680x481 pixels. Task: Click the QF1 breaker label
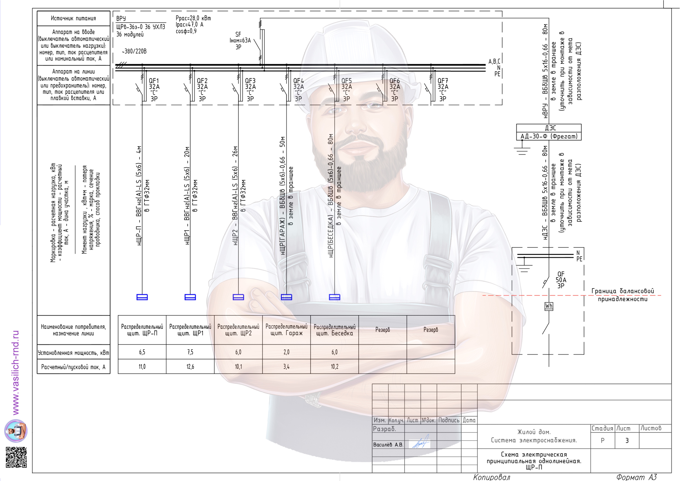click(x=154, y=90)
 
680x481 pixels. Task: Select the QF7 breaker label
click(x=443, y=90)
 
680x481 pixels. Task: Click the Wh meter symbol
click(x=549, y=306)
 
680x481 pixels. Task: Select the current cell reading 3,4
click(x=286, y=367)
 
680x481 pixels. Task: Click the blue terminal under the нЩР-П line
click(x=142, y=297)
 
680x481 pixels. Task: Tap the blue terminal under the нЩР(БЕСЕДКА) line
click(x=335, y=297)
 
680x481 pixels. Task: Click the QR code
click(x=16, y=457)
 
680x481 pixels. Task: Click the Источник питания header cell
click(x=73, y=18)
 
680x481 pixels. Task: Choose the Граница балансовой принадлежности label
click(x=623, y=295)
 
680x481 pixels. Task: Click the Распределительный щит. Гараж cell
click(x=286, y=330)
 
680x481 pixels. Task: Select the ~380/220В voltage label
click(x=134, y=51)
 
